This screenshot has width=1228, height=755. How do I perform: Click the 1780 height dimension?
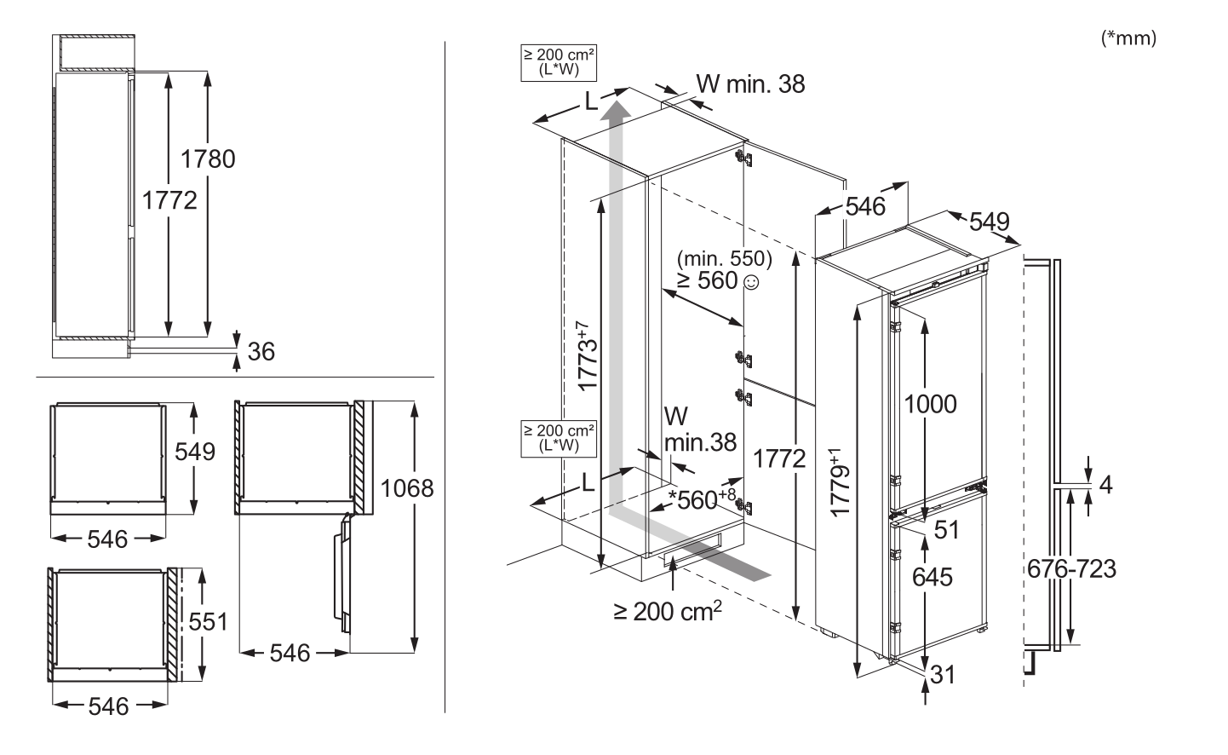[208, 159]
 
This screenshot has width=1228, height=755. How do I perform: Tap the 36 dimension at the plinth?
[261, 352]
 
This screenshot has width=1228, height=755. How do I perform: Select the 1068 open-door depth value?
[407, 488]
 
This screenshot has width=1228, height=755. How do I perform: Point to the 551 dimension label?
[208, 622]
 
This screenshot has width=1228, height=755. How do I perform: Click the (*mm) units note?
[1128, 38]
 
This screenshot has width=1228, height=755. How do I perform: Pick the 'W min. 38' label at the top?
[750, 84]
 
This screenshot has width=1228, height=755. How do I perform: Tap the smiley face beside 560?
[751, 283]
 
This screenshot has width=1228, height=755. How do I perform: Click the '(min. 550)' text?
[725, 258]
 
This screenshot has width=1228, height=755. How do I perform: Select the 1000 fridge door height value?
[930, 405]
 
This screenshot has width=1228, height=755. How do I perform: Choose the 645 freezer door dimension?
[932, 577]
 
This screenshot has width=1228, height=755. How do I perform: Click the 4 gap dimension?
[1106, 485]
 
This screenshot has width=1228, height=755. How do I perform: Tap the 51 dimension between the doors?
[947, 530]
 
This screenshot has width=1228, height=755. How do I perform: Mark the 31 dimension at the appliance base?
[943, 675]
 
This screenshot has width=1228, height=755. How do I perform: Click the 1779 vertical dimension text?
[840, 483]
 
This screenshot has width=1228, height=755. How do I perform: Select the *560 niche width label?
[703, 499]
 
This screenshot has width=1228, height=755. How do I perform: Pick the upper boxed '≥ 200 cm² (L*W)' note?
[559, 62]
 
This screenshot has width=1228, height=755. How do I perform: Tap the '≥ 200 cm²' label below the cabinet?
[668, 611]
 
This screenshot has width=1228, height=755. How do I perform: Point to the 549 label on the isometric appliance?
[990, 222]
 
